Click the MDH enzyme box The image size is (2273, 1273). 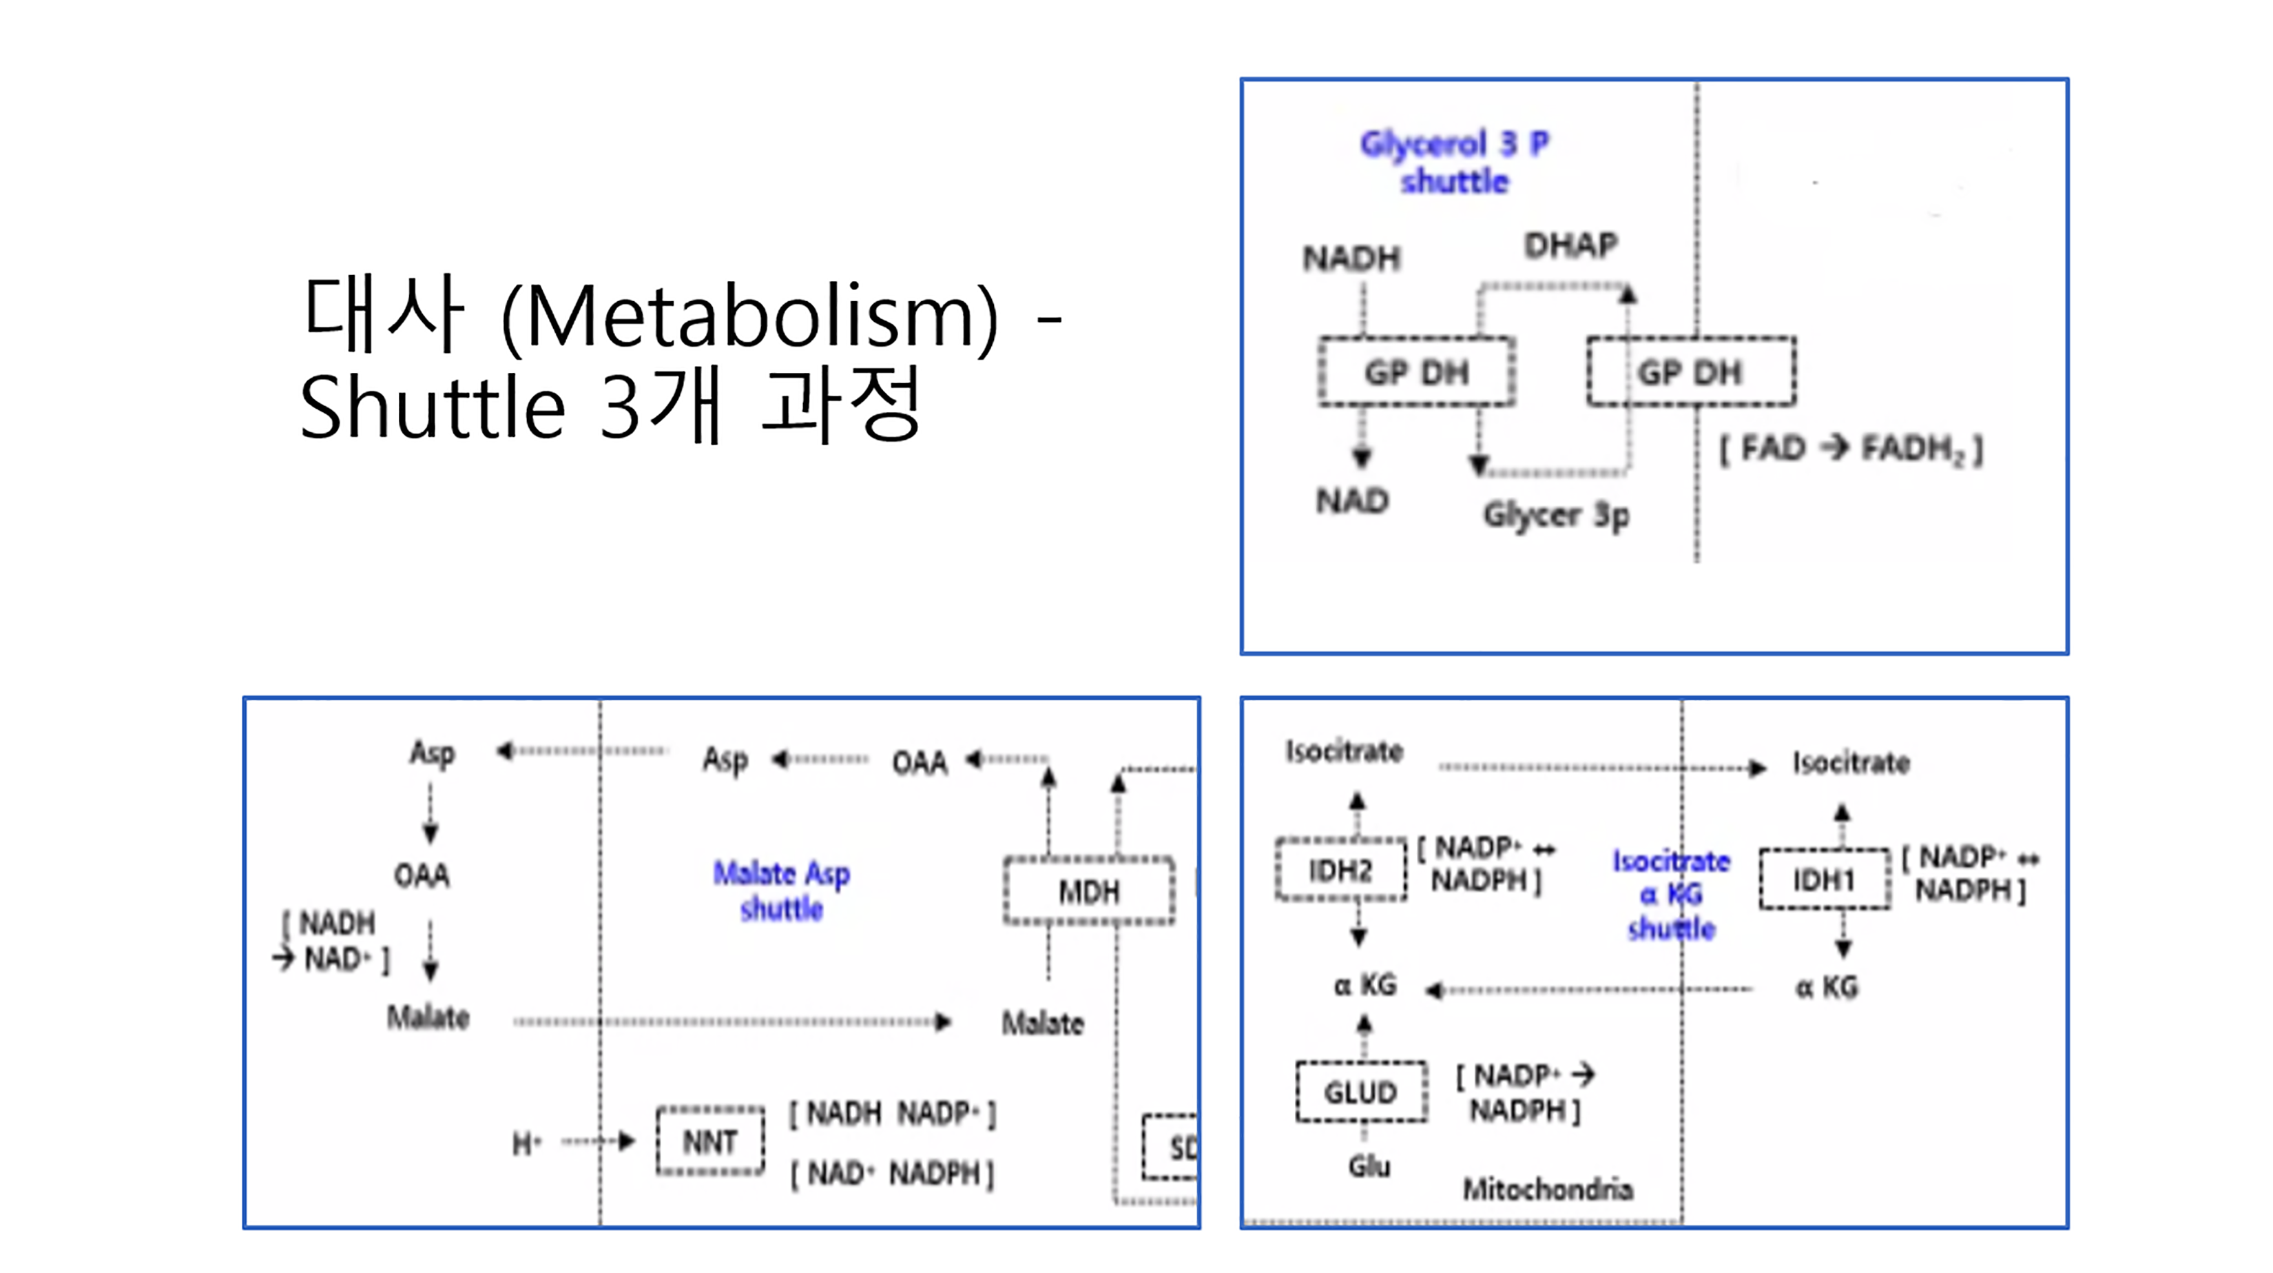pos(1089,892)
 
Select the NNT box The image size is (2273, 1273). pos(710,1142)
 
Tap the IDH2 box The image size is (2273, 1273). pos(1340,870)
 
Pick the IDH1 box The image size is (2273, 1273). pos(1824,879)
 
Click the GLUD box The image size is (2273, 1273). pos(1360,1092)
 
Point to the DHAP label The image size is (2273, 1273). pos(1570,245)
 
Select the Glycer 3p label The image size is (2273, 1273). pos(1556,515)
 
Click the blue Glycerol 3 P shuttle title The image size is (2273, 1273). pos(1454,161)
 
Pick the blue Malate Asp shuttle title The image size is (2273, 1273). pos(781,890)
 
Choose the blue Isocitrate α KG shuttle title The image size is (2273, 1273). pos(1671,895)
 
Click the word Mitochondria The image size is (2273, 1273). pos(1548,1189)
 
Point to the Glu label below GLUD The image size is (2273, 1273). pos(1369,1166)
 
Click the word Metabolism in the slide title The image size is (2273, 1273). pos(750,316)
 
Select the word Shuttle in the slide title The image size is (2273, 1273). pos(433,407)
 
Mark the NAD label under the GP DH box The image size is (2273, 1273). pos(1353,500)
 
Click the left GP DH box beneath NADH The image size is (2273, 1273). pos(1416,371)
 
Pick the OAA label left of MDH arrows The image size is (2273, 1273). pos(920,762)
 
